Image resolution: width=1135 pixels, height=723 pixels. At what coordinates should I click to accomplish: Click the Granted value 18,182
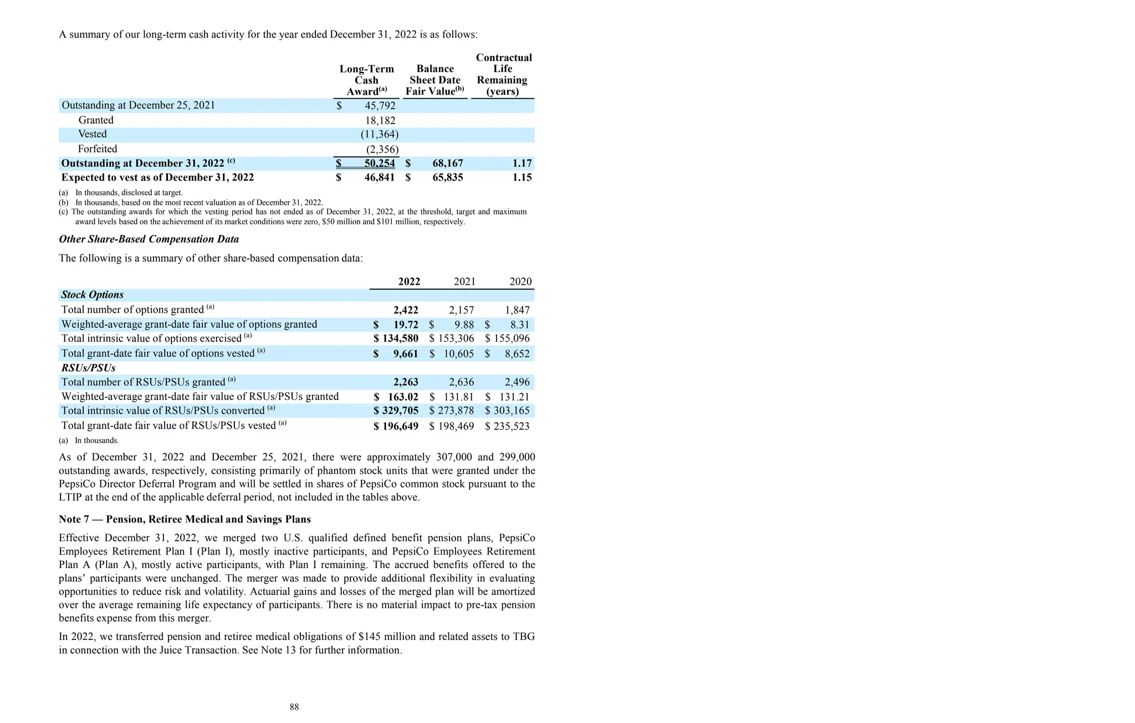pos(380,120)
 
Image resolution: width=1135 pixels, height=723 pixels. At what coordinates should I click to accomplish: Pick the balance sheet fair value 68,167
pos(447,163)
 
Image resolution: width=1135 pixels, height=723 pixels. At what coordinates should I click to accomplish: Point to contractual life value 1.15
pos(522,178)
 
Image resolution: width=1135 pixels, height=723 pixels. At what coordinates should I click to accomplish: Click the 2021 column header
pos(464,281)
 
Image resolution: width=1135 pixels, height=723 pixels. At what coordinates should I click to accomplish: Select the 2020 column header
pos(520,281)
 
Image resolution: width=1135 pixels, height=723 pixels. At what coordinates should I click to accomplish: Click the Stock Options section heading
pos(92,295)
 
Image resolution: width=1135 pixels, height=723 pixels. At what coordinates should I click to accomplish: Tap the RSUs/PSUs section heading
pos(88,368)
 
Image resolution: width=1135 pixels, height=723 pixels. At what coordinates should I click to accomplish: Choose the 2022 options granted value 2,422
pos(406,310)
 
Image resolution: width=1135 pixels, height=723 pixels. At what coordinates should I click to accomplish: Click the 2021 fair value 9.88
pos(463,325)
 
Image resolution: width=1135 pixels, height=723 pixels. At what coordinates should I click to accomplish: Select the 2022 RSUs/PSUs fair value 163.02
pos(403,397)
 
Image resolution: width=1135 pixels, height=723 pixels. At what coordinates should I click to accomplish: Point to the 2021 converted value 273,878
pos(456,411)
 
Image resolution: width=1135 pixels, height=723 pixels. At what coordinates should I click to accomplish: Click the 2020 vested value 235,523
pos(512,426)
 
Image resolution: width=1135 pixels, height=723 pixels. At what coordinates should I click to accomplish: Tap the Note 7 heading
pos(185,519)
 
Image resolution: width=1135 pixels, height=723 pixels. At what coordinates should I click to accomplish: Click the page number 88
pos(294,707)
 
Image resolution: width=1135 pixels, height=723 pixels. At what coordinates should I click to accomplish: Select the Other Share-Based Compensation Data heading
pos(149,239)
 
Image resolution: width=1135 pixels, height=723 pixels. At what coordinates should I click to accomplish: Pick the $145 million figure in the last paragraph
pos(387,637)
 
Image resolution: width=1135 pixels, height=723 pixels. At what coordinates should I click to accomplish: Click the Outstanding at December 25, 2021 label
pos(138,105)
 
